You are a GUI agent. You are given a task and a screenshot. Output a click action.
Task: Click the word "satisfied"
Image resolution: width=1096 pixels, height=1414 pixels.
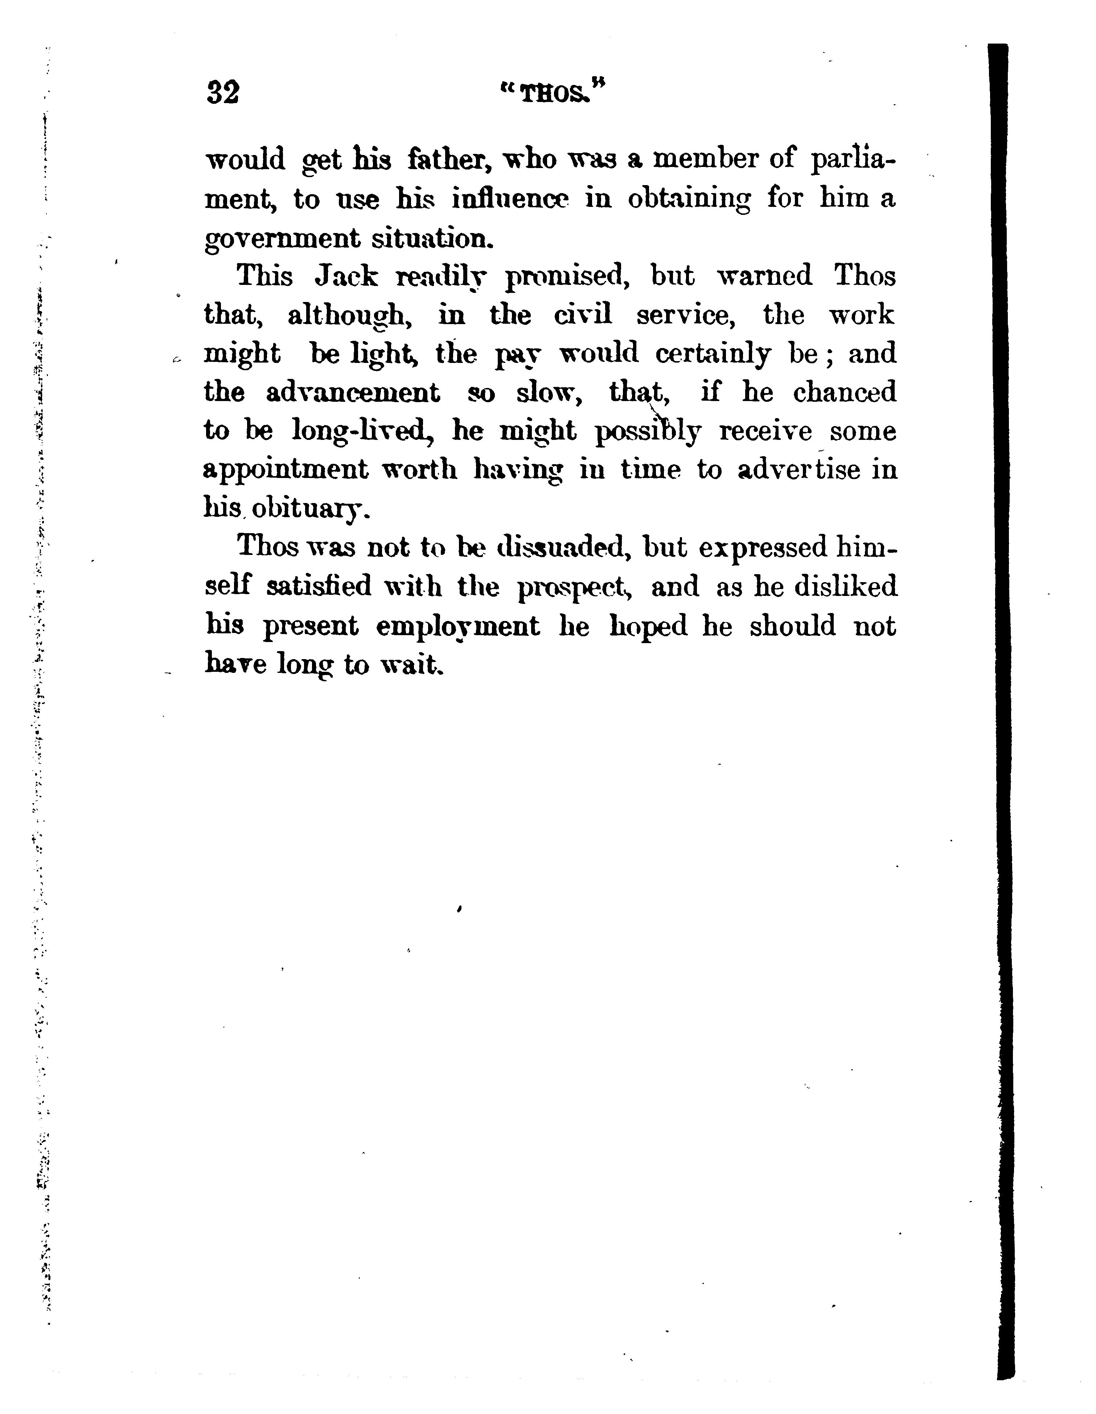click(319, 587)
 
